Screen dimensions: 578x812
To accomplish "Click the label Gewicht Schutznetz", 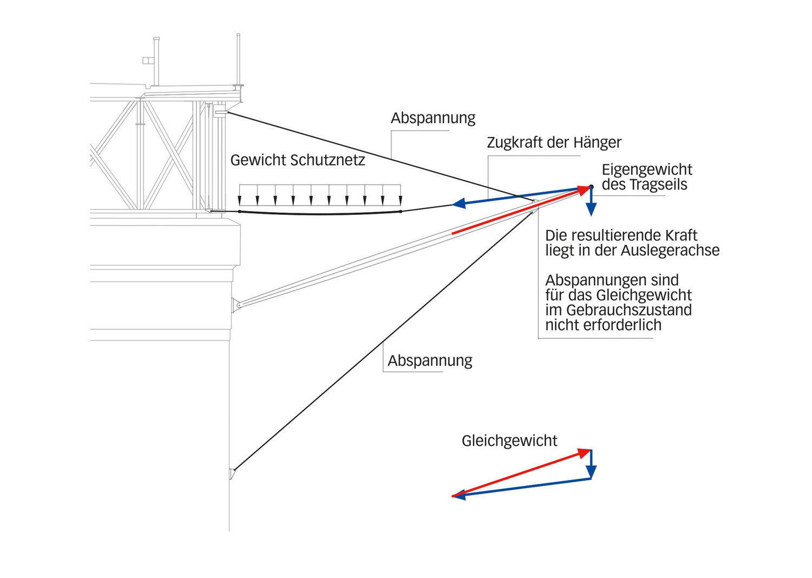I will (x=297, y=160).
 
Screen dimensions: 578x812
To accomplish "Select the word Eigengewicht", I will (x=647, y=170).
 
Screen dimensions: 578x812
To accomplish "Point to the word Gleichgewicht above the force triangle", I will (x=509, y=441).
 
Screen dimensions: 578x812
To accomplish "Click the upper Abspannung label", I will (x=433, y=118).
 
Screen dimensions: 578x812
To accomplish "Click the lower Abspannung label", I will (x=430, y=360).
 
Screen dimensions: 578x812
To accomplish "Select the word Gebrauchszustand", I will (x=628, y=310).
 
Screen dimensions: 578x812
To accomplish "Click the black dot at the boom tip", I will (x=591, y=187).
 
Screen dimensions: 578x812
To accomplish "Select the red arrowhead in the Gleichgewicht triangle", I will (x=585, y=452).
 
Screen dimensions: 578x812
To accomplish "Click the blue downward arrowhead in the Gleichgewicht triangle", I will (x=591, y=472).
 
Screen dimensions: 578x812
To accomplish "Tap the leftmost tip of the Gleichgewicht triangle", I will (x=454, y=496).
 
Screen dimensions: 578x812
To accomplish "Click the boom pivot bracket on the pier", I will (x=237, y=305).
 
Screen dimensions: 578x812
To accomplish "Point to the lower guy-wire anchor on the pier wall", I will (x=233, y=473).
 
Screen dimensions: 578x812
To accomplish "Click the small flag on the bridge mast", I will (x=147, y=61).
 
